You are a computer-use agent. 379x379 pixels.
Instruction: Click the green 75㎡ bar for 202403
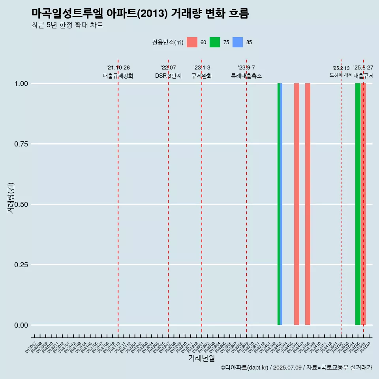pos(279,204)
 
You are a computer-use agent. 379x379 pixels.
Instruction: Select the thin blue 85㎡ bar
pos(281,204)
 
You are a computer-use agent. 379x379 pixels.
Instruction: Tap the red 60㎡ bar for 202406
pos(296,204)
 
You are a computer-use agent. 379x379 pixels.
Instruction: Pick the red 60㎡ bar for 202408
pos(308,204)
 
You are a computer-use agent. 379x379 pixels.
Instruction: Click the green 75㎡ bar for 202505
pos(358,204)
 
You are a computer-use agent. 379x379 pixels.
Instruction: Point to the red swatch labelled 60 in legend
pos(192,42)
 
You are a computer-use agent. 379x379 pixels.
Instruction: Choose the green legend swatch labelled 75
pos(215,42)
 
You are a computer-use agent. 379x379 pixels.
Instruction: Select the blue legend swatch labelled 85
pos(238,42)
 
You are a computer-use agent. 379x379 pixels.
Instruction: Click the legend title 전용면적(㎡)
pos(167,42)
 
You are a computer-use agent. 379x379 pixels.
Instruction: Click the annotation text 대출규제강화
pos(118,76)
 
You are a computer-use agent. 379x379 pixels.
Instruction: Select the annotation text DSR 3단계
pos(168,76)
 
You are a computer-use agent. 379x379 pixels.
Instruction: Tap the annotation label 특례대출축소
pos(246,76)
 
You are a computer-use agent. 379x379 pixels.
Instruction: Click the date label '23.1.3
pos(202,68)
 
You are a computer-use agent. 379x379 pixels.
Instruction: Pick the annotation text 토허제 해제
pos(341,75)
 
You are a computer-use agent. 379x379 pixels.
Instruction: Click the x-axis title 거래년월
pos(201,358)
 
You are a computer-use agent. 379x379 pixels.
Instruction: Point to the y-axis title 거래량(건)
pos(11,198)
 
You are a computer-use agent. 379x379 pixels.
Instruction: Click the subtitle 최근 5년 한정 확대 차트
pos(67,25)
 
